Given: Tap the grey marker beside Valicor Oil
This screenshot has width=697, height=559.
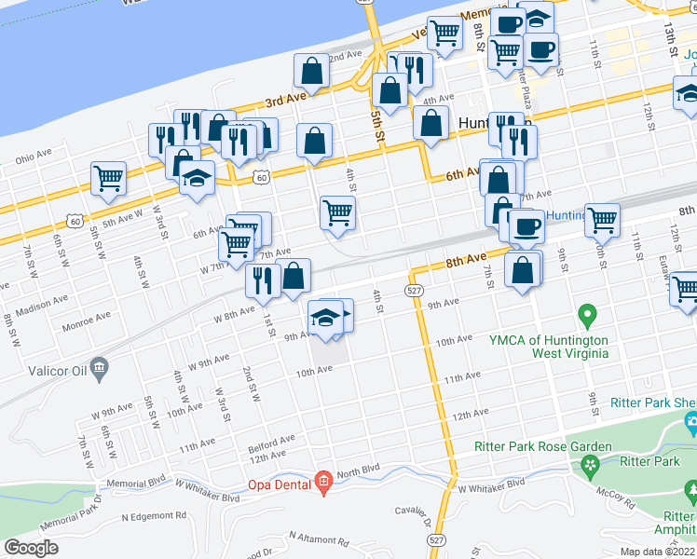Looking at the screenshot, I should coord(96,373).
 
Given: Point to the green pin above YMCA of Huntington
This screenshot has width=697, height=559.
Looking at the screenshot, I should coord(587,316).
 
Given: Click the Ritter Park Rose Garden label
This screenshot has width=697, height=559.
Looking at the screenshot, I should coord(540,447).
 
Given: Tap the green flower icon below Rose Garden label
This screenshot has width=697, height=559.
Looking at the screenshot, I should coord(588,463).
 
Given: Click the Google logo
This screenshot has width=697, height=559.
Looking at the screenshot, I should coord(31,548).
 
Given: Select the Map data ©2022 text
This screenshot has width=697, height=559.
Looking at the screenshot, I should coord(658,552).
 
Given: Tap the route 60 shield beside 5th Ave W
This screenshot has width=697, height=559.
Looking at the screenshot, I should coord(73,220).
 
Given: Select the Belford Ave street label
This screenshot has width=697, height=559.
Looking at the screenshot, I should coord(272,439).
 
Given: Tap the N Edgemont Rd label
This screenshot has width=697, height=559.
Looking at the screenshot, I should coord(154,515).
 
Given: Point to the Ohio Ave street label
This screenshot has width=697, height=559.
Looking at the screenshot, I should coord(33,156).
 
